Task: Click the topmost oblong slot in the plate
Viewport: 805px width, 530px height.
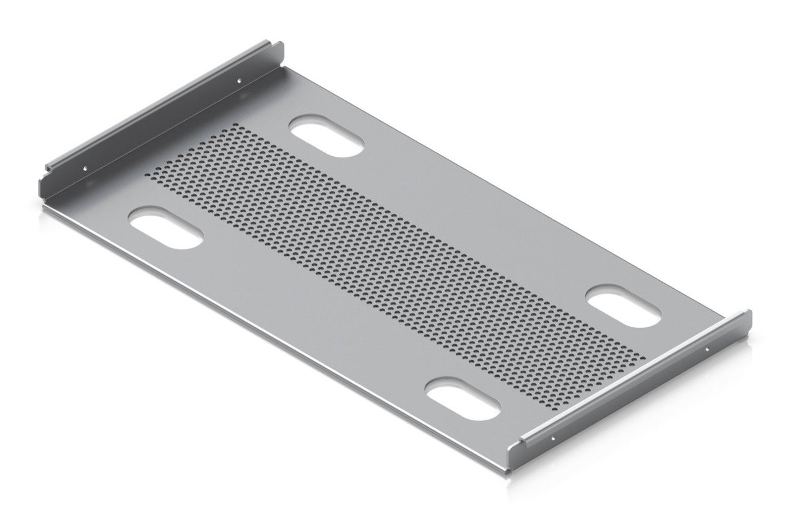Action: coord(326,136)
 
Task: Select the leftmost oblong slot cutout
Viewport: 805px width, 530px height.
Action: coord(165,227)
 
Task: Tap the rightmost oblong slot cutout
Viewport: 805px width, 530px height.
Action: coord(624,306)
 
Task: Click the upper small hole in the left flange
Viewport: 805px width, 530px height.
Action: coord(241,79)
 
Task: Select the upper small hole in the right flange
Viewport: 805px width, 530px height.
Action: coord(708,349)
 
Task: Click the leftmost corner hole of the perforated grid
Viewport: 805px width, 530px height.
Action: coord(149,175)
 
